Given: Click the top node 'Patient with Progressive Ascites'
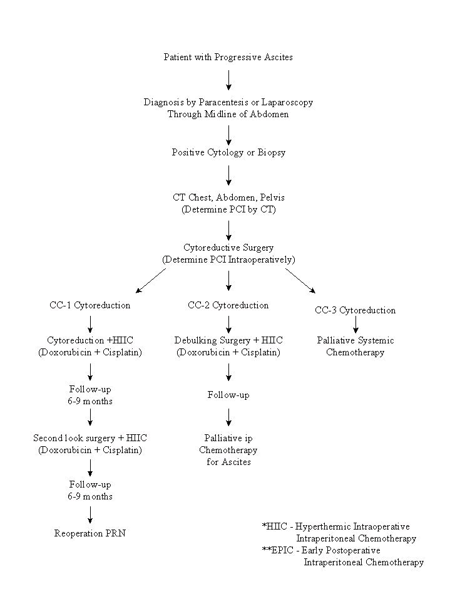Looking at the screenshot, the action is tap(228, 57).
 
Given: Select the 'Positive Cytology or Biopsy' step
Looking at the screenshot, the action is tap(228, 152).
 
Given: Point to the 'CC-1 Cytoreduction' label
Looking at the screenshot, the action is tap(90, 305).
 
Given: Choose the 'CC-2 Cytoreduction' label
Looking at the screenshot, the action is tap(228, 305).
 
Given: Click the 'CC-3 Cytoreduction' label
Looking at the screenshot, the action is tap(355, 310).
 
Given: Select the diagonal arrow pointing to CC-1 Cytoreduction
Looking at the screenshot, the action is tap(151, 281).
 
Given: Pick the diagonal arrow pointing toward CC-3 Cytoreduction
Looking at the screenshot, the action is tap(300, 281).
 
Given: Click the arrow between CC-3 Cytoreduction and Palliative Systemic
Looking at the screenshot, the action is tap(355, 324).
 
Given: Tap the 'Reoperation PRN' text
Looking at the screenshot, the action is tap(90, 533).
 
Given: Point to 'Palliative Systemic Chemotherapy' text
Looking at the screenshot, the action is tap(355, 347).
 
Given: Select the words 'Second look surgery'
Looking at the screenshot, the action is tap(74, 438).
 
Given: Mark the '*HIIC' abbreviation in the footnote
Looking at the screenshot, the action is tap(274, 526).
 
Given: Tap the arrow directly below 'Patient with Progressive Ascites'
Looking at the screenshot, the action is tap(228, 80).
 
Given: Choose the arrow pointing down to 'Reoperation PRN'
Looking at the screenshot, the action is tap(90, 515).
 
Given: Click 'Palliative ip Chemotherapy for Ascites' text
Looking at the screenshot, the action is tap(228, 450).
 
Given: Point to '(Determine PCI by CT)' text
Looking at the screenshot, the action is tap(228, 210).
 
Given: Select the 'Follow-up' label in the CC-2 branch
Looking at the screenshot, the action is tap(228, 395).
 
